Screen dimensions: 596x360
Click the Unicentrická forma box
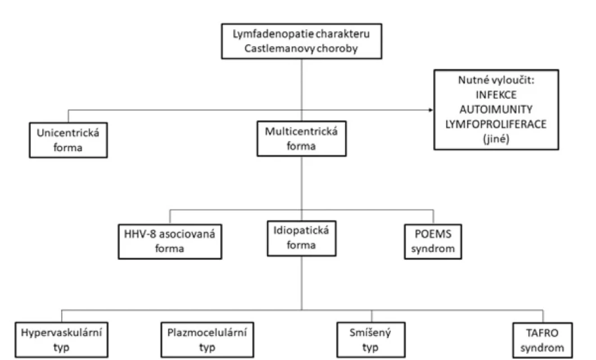point(68,140)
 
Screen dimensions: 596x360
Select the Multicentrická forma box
point(302,139)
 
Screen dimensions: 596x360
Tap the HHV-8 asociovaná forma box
point(170,242)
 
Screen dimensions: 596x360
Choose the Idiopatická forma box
point(302,238)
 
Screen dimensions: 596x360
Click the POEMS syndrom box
point(433,242)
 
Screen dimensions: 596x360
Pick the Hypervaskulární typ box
point(62,340)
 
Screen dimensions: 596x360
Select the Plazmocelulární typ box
point(207,340)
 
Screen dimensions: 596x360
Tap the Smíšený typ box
point(371,340)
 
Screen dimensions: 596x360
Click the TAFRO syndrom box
point(542,340)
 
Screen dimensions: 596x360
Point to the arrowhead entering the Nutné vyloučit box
point(431,110)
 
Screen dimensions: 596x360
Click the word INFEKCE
point(496,94)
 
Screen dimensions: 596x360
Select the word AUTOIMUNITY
point(496,109)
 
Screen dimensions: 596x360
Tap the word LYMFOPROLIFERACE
point(496,124)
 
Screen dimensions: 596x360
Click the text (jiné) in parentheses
point(496,139)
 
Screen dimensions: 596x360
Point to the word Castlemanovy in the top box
point(280,49)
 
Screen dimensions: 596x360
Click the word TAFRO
point(542,333)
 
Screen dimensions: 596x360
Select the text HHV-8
point(140,234)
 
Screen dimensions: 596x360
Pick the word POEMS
point(433,234)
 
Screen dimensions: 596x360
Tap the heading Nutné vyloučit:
point(496,80)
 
